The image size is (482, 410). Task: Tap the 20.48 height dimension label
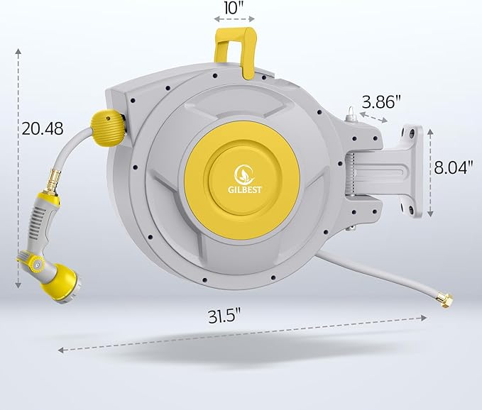(43, 128)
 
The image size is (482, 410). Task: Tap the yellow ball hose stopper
(109, 124)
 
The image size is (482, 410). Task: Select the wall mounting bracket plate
(411, 171)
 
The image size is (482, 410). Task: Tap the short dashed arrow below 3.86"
(374, 116)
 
